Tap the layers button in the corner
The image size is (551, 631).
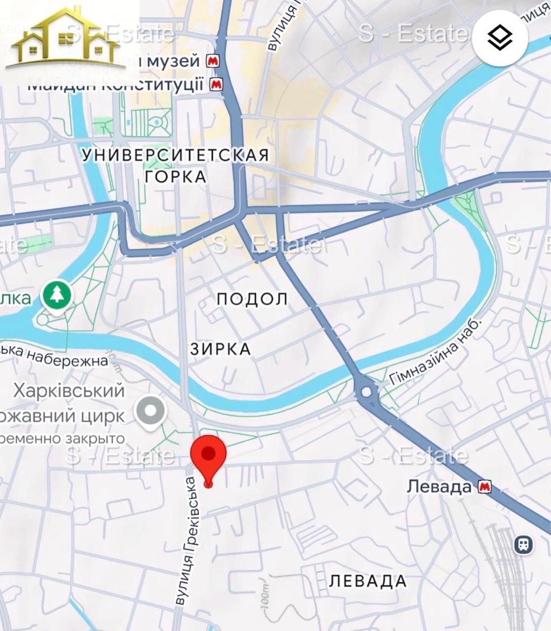500,38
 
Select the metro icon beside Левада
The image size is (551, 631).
484,487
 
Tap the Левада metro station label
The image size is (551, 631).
439,486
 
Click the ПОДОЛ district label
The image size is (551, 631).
253,299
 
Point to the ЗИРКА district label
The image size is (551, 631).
221,349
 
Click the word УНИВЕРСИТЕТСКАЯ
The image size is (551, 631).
176,155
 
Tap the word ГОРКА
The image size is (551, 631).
176,177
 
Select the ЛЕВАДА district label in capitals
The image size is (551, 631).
368,581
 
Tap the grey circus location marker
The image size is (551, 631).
151,410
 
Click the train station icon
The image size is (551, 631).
524,543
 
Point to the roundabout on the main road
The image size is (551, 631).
365,392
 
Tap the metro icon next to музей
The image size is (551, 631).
213,62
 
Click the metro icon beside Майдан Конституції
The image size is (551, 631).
216,84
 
